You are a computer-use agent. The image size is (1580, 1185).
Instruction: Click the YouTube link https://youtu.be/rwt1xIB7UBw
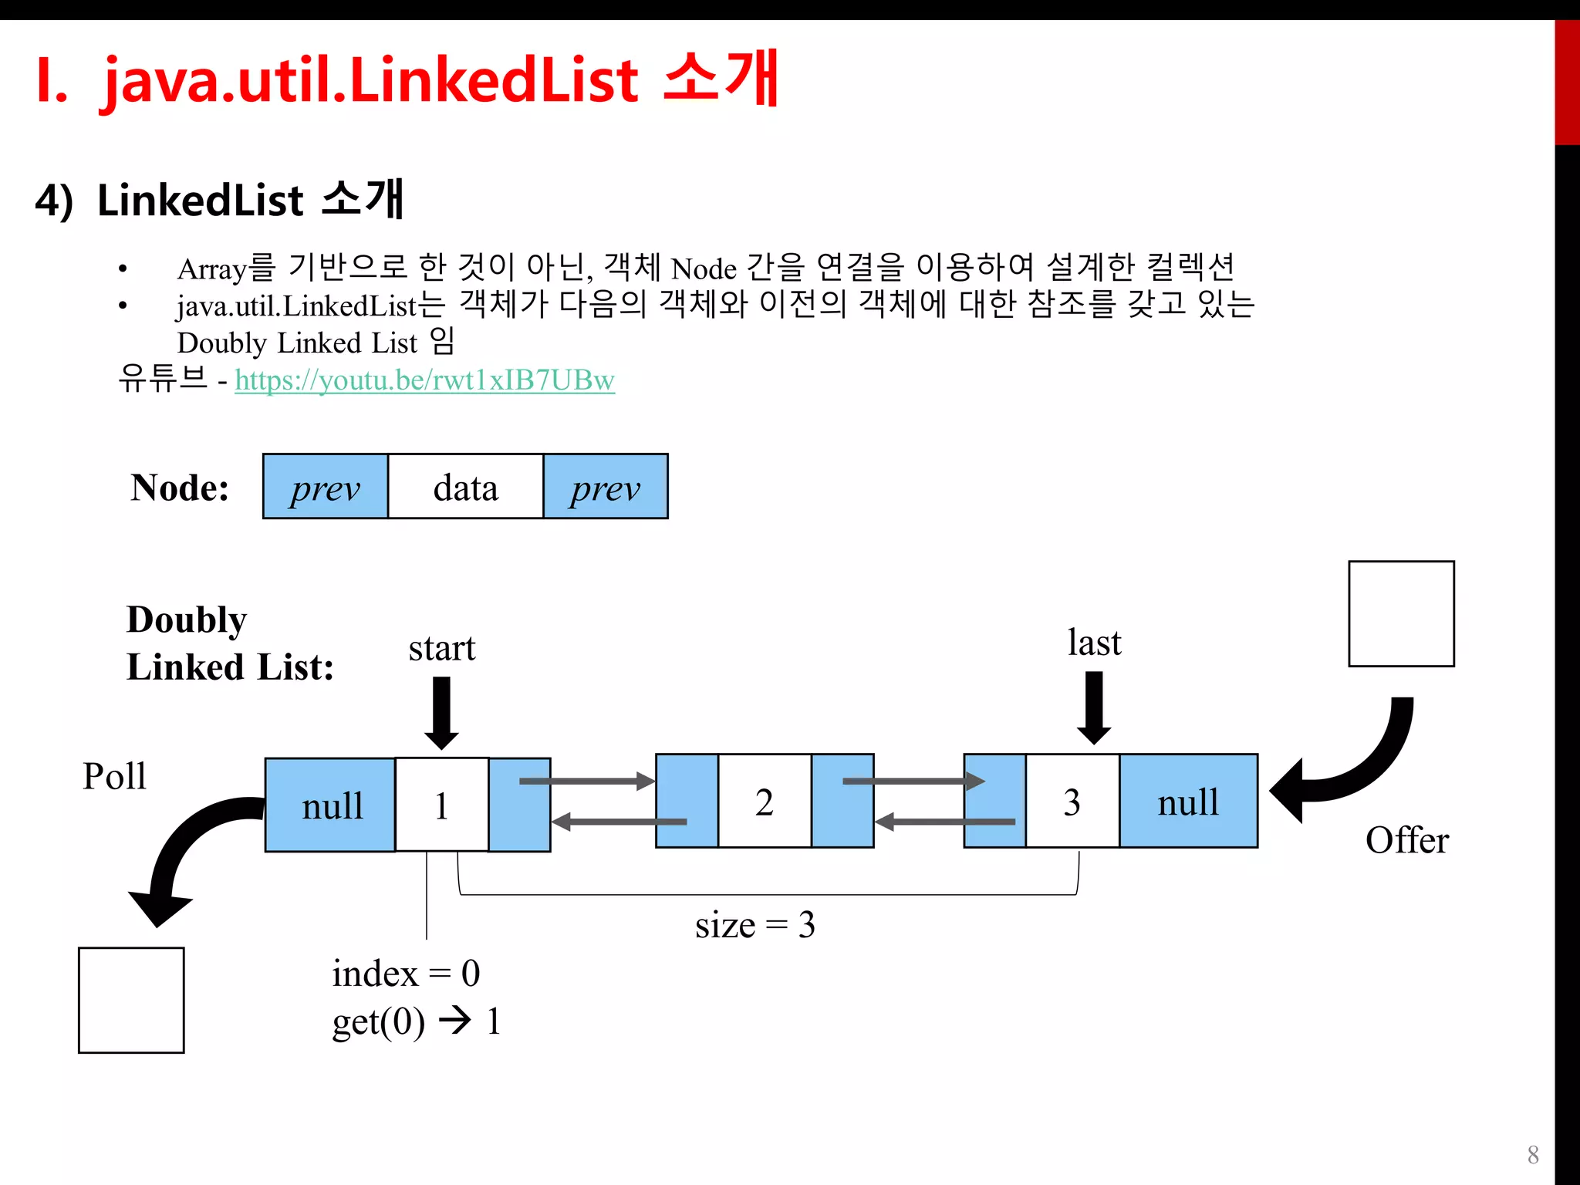(x=424, y=380)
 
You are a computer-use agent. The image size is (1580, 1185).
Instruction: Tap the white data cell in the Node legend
(x=465, y=487)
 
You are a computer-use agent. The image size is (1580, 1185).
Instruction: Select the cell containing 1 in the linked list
(x=441, y=805)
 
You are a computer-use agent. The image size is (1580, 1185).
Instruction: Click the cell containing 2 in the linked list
(x=764, y=802)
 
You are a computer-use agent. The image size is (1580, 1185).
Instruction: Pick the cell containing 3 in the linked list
(x=1072, y=802)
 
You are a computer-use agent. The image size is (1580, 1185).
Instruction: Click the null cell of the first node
(x=331, y=805)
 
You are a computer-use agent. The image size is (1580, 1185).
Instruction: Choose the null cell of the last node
(x=1188, y=802)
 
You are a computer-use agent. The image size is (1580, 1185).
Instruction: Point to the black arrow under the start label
(x=441, y=712)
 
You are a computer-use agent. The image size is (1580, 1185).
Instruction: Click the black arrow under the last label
(x=1093, y=707)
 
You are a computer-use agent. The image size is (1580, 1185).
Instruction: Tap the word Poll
(x=114, y=776)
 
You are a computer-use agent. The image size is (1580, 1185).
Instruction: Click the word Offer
(x=1406, y=840)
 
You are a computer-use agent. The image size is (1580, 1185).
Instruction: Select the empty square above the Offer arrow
(x=1401, y=614)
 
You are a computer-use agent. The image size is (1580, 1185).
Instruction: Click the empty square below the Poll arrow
(x=131, y=1000)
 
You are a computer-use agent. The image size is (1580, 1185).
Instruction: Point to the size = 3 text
(x=755, y=924)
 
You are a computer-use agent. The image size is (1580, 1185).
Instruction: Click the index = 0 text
(x=406, y=973)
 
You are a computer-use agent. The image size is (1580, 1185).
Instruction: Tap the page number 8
(x=1533, y=1155)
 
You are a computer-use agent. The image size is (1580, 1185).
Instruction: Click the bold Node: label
(x=180, y=488)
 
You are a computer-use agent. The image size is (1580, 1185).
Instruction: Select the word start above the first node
(x=441, y=648)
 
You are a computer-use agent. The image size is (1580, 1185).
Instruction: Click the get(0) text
(x=378, y=1022)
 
